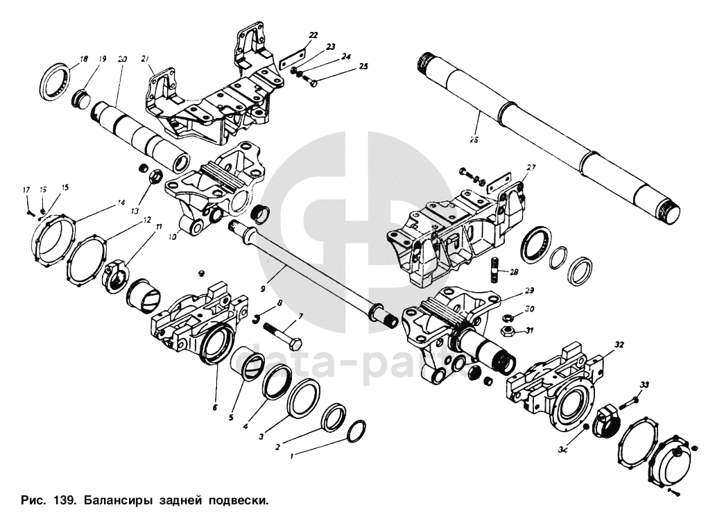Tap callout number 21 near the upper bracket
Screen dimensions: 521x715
coord(146,59)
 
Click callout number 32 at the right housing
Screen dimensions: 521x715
coord(619,343)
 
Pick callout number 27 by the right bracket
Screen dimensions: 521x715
coord(531,167)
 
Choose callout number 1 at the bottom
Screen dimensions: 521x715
coord(292,456)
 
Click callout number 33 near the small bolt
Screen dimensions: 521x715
coord(644,385)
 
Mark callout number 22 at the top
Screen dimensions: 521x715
coord(313,35)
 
